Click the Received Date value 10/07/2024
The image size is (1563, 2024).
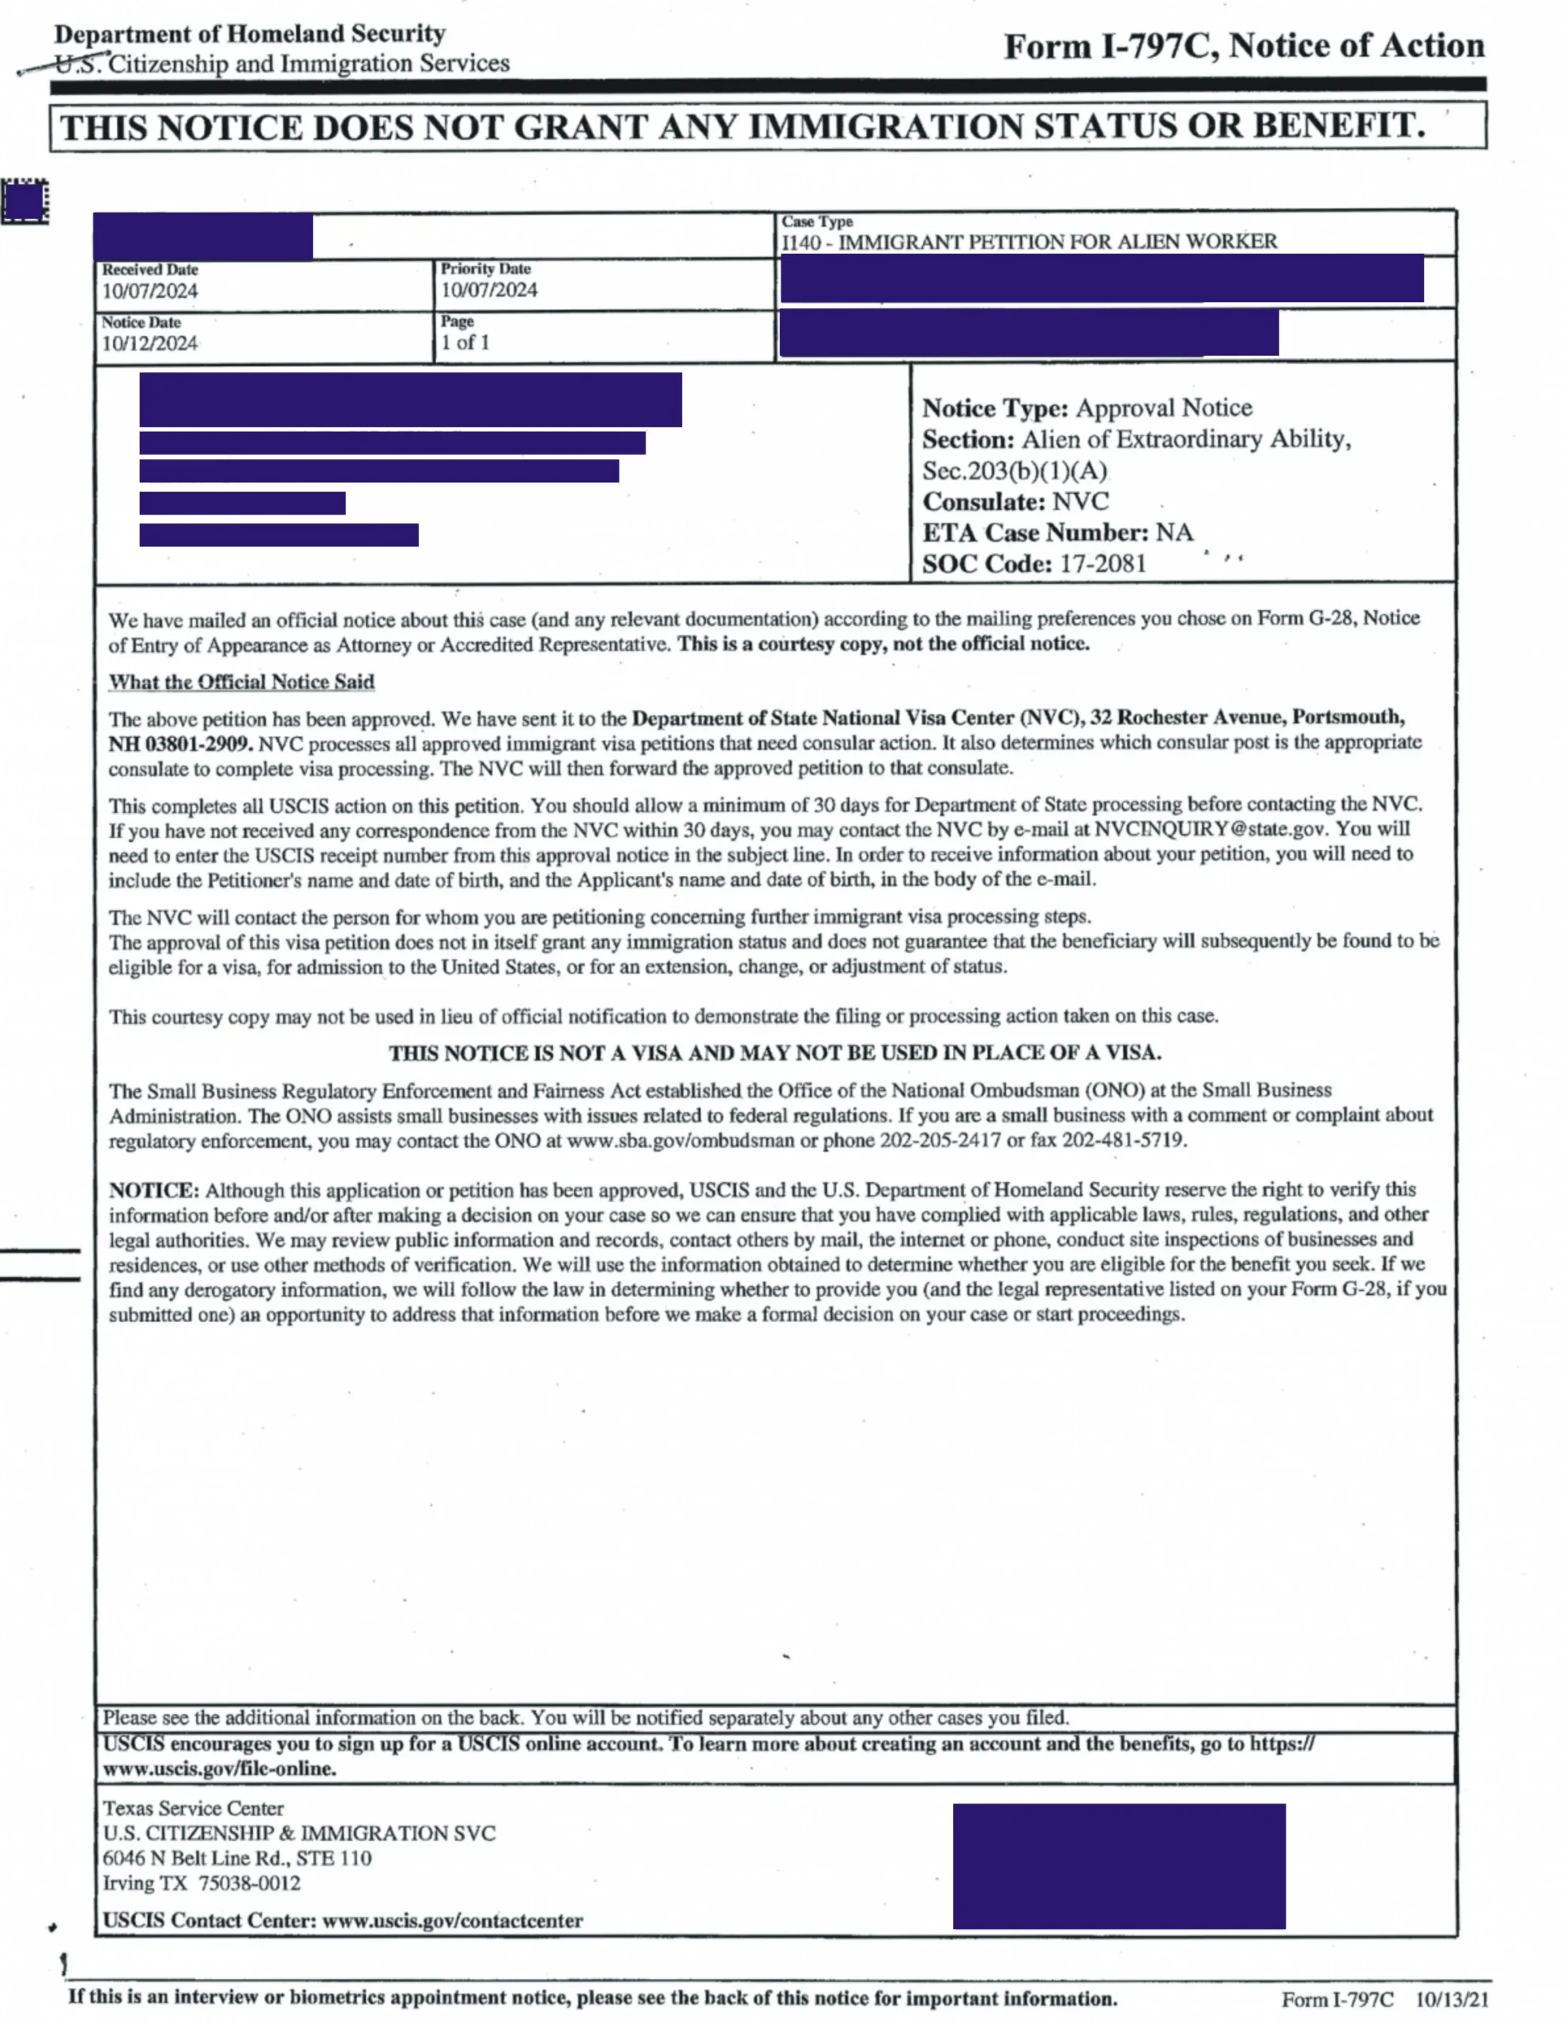[x=150, y=291]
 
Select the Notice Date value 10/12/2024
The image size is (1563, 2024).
[x=150, y=344]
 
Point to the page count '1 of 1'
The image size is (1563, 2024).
[x=465, y=343]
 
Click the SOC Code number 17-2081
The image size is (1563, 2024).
[x=1102, y=564]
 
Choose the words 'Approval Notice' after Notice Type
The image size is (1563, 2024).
[x=1164, y=408]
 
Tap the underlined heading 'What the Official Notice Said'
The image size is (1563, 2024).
[x=241, y=682]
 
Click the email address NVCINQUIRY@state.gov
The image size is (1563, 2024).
[x=1210, y=829]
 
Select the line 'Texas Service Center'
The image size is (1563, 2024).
[x=193, y=1808]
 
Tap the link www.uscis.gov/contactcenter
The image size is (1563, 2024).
[x=453, y=1920]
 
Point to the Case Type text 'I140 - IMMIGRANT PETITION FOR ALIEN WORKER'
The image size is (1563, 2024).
[x=1028, y=242]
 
